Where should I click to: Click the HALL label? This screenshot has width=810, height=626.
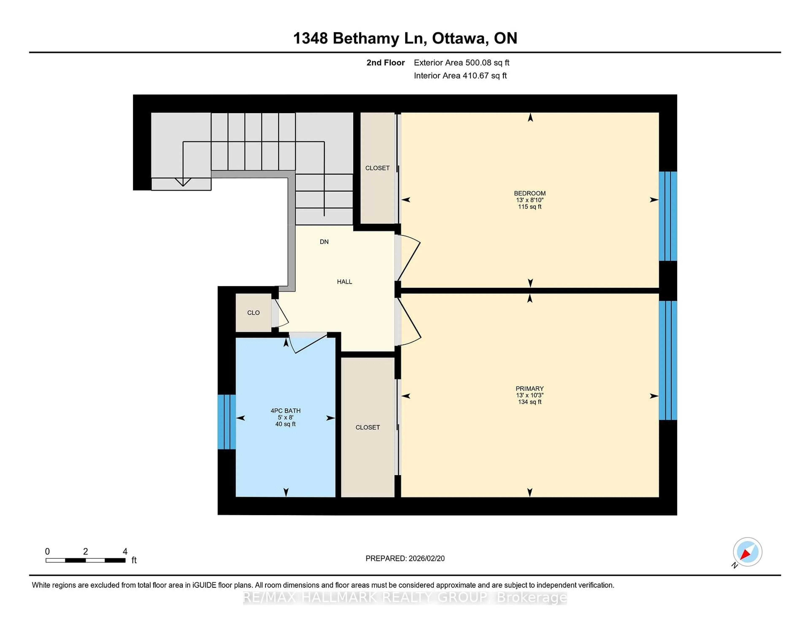click(344, 282)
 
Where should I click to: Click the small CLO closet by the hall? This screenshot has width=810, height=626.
click(253, 313)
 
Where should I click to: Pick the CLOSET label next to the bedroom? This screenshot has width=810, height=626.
click(377, 168)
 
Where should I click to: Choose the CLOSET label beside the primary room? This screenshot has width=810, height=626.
click(367, 427)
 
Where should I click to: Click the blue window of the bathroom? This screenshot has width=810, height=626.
click(226, 422)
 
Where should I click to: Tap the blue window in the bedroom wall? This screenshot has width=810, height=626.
click(668, 216)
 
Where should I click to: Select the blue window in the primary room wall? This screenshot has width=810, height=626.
click(668, 360)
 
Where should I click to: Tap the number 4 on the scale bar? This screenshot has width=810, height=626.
click(125, 552)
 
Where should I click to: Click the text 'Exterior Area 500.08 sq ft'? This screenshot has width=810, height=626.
click(461, 63)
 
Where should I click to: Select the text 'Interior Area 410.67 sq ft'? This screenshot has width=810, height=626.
click(460, 76)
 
